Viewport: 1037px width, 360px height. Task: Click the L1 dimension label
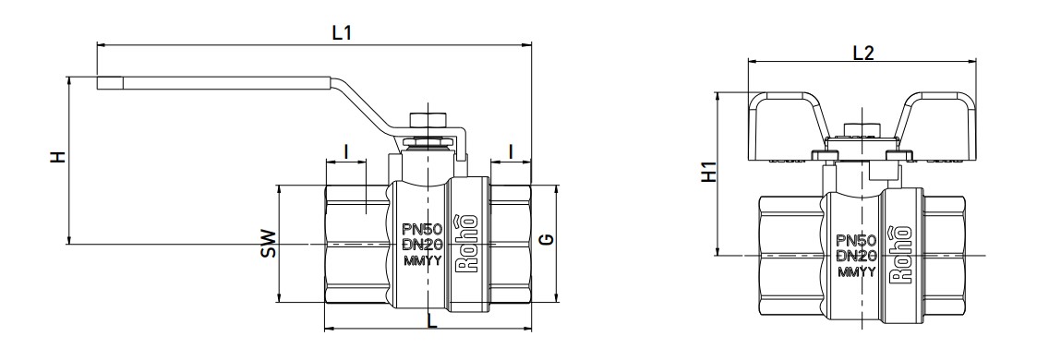click(x=342, y=33)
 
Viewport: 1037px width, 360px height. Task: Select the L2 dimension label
click(x=863, y=53)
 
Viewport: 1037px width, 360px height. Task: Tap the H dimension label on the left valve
click(x=59, y=157)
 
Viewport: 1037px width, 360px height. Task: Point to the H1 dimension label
click(x=708, y=172)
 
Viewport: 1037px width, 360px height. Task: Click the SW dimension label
click(x=268, y=243)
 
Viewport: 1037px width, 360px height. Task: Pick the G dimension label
click(x=547, y=240)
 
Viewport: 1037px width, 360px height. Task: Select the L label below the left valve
click(x=432, y=322)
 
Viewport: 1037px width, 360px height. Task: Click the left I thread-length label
click(x=346, y=151)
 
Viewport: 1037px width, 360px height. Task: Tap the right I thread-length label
click(x=511, y=151)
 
